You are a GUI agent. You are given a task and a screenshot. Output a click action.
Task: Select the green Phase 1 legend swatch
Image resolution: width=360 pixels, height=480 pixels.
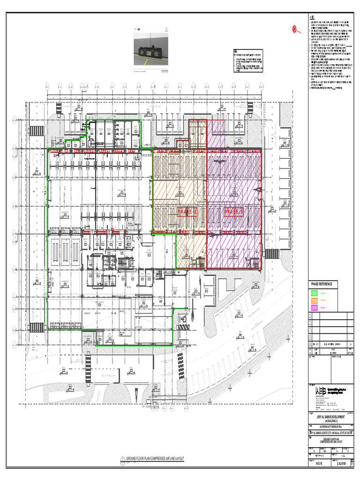click(315, 293)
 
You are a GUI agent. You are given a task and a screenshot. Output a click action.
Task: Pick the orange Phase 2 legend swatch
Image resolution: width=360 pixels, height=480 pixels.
click(315, 300)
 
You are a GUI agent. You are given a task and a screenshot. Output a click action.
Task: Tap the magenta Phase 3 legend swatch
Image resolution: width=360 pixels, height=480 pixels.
click(315, 307)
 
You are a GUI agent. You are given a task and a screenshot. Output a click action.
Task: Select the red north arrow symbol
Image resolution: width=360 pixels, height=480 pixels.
click(296, 30)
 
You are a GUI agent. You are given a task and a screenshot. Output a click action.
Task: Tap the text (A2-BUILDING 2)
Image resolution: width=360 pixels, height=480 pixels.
click(330, 421)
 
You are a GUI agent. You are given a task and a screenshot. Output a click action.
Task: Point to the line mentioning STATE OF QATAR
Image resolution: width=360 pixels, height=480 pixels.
click(330, 433)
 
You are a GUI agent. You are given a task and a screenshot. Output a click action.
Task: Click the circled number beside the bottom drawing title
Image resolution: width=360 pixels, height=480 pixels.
click(122, 458)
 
